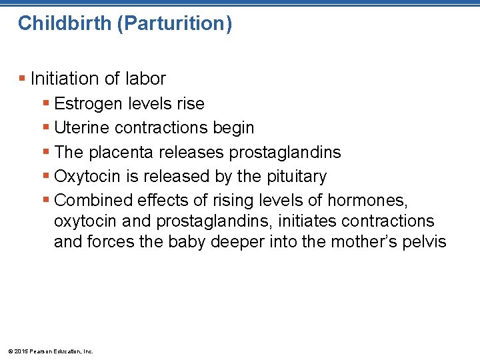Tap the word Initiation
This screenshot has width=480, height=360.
coord(65,79)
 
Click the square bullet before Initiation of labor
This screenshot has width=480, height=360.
coord(22,79)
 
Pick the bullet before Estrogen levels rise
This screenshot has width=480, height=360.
coord(46,104)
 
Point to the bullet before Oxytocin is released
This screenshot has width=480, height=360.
coord(46,177)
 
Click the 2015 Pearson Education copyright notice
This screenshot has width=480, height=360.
coord(50,351)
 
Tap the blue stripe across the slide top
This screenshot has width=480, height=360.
coord(240,3)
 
